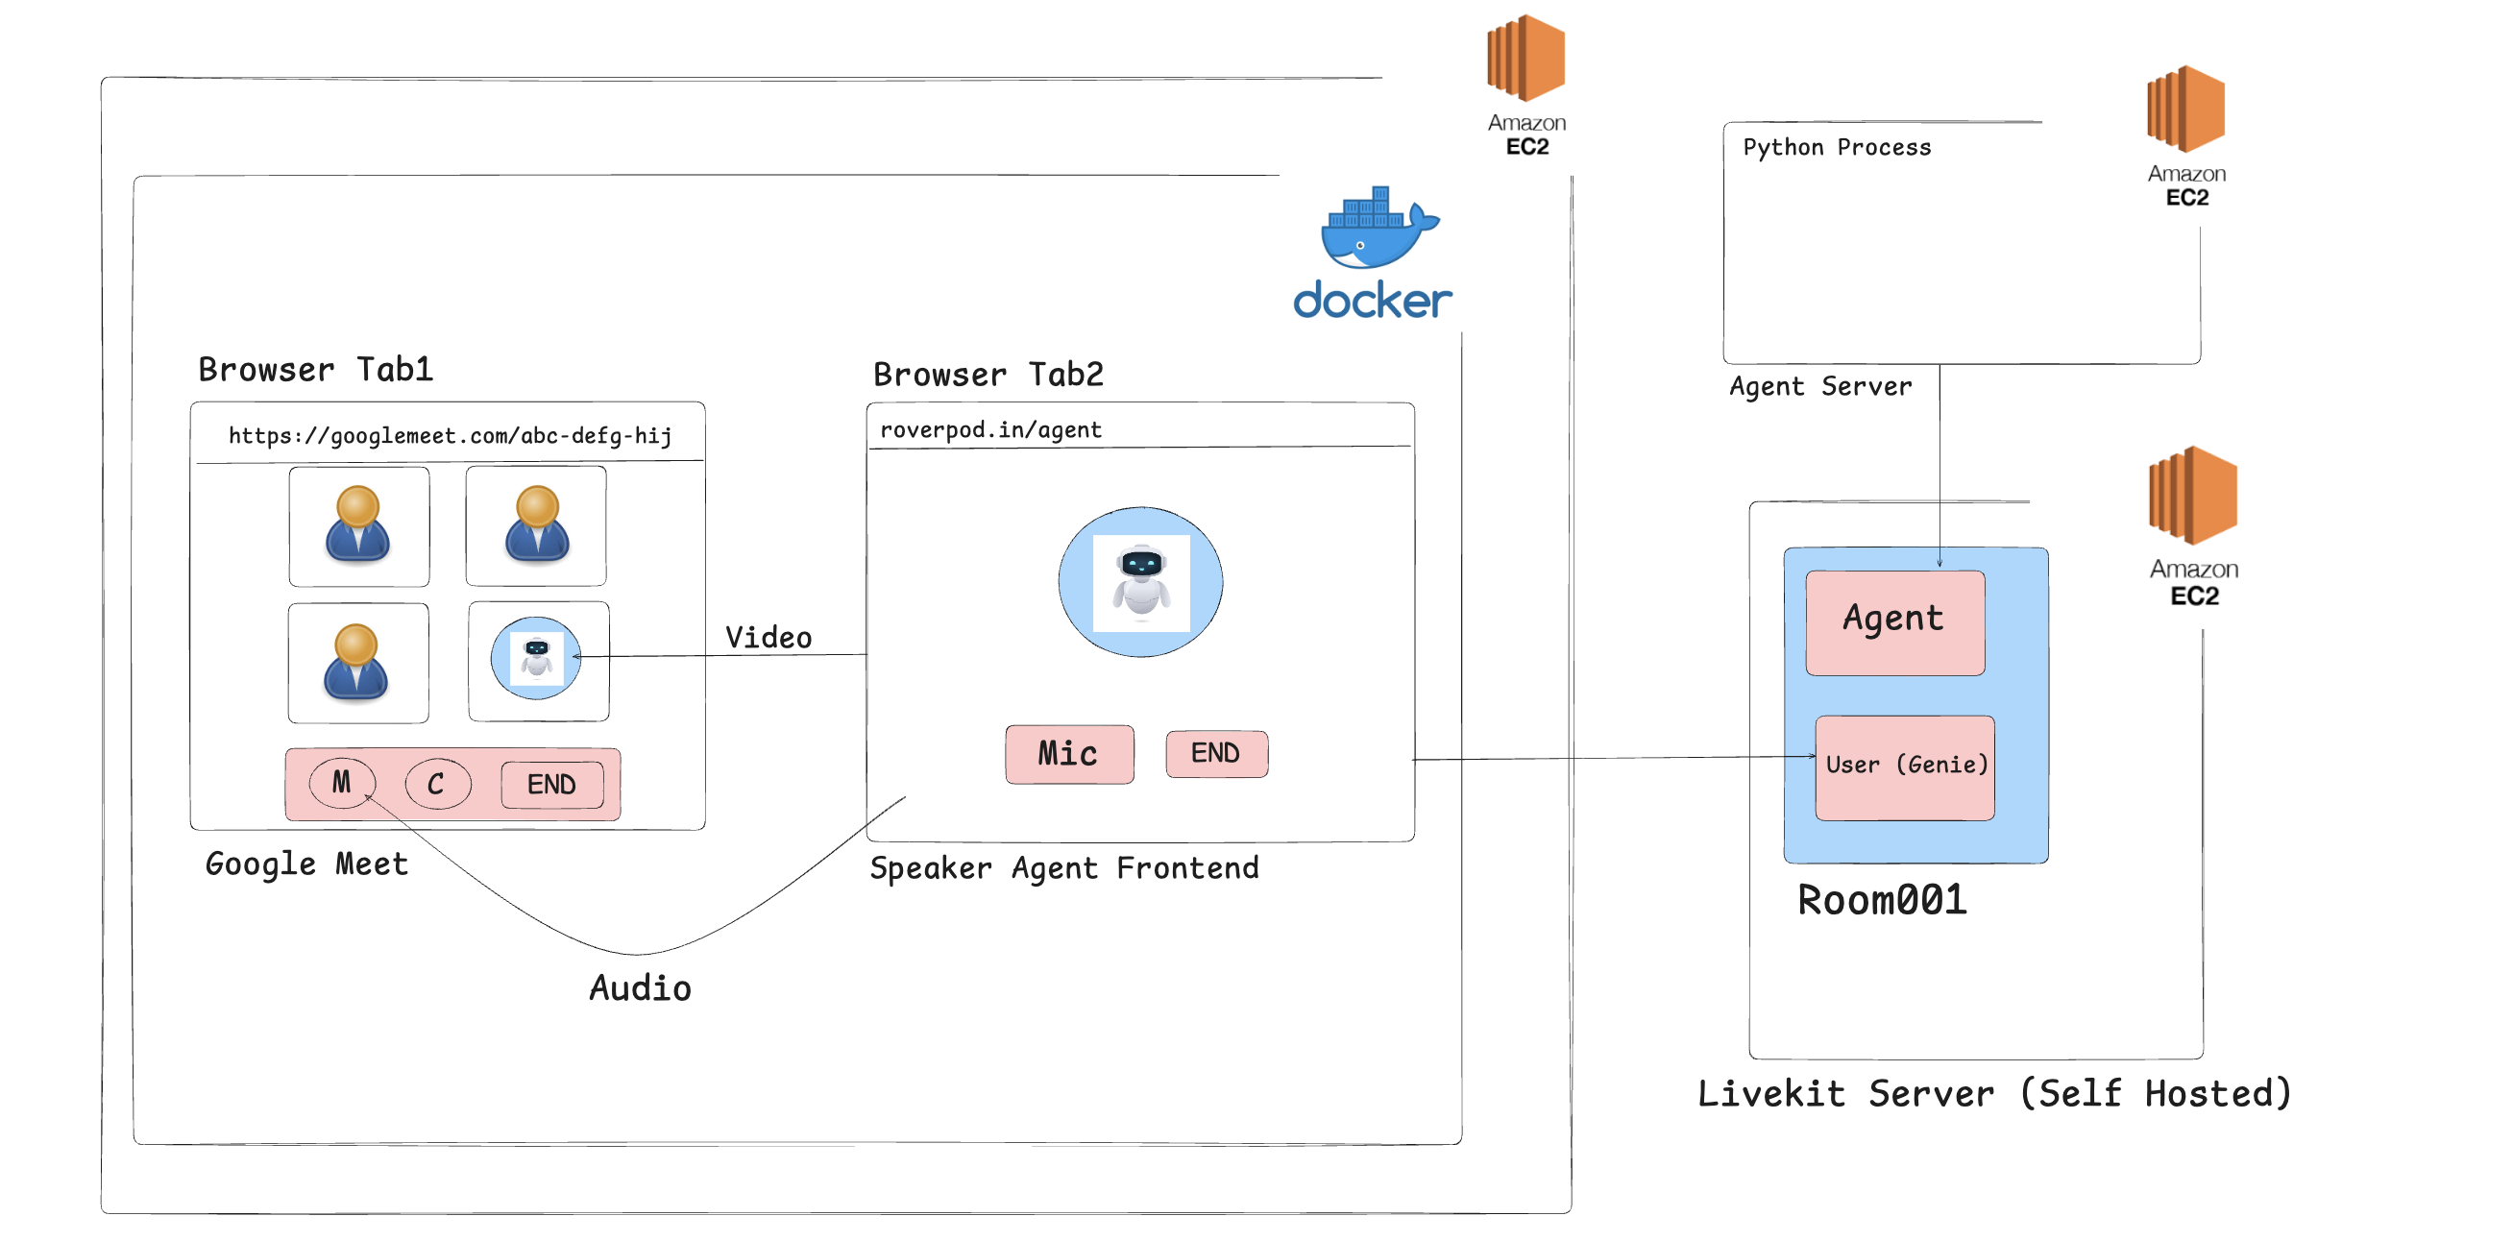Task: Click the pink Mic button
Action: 1069,753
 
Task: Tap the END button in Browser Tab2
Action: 1216,753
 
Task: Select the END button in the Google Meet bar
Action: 551,784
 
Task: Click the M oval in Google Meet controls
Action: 341,783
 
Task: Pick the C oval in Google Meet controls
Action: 437,784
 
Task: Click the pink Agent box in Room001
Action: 1893,621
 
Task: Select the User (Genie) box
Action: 1904,766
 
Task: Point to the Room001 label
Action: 1882,899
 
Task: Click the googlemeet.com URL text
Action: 450,435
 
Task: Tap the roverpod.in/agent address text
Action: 990,429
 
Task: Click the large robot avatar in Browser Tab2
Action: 1140,581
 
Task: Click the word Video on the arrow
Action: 768,637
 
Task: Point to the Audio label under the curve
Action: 640,987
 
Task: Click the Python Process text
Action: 1836,147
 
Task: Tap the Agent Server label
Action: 1820,386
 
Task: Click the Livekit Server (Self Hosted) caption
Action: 1994,1093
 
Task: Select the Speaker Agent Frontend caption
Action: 1064,867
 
